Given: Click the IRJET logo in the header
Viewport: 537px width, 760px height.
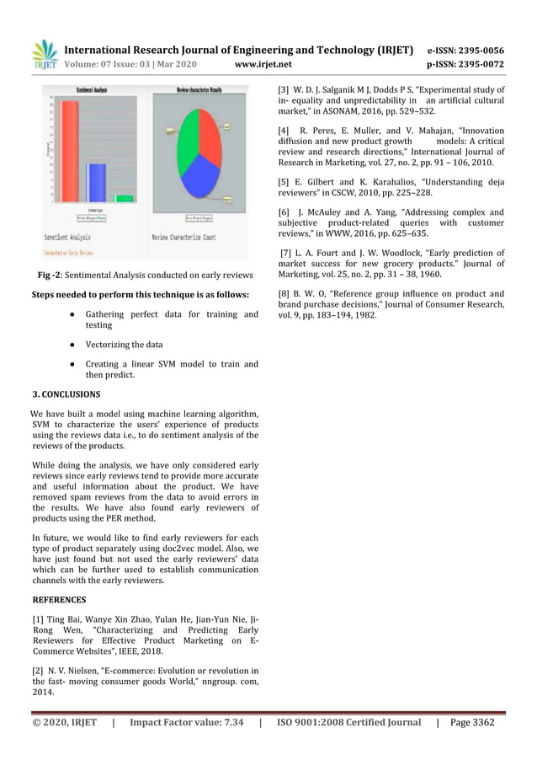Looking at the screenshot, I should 43,54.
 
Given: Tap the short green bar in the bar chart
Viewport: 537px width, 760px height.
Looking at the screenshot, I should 124,198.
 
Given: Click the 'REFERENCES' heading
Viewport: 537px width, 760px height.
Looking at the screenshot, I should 58,600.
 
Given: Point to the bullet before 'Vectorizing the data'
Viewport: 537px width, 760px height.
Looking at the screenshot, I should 75,345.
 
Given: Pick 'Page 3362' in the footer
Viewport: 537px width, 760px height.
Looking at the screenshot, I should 472,722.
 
